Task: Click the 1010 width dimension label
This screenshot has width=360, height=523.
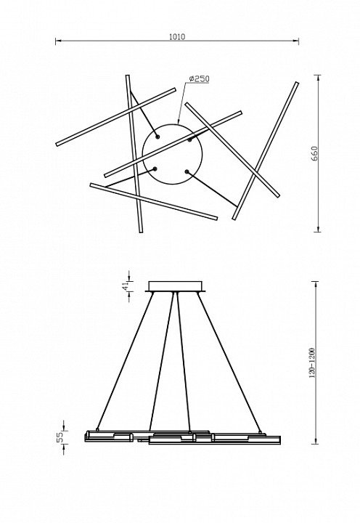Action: pyautogui.click(x=177, y=37)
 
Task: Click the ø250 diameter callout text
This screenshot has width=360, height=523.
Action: pyautogui.click(x=199, y=79)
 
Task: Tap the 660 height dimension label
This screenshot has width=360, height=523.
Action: pyautogui.click(x=315, y=153)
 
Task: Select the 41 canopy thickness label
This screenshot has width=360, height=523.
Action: pyautogui.click(x=125, y=286)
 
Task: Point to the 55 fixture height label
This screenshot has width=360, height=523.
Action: pyautogui.click(x=60, y=437)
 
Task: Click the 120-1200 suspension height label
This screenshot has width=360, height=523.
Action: pyautogui.click(x=312, y=363)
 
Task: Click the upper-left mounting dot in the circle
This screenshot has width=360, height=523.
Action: pyautogui.click(x=157, y=137)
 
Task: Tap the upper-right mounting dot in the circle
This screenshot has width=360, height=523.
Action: pyautogui.click(x=189, y=139)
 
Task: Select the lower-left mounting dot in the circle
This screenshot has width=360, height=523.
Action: pyautogui.click(x=155, y=169)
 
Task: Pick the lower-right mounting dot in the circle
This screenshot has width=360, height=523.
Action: pyautogui.click(x=187, y=171)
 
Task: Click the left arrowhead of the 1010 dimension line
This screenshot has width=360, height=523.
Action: pyautogui.click(x=58, y=41)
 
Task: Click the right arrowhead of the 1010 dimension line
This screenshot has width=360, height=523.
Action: pyautogui.click(x=295, y=41)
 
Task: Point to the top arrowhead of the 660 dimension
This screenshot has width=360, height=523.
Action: pyautogui.click(x=319, y=78)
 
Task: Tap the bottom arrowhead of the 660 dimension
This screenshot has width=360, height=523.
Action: pyautogui.click(x=319, y=229)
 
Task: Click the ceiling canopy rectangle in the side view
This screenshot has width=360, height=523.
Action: pyautogui.click(x=176, y=286)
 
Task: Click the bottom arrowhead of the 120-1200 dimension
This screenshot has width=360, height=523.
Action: pyautogui.click(x=315, y=441)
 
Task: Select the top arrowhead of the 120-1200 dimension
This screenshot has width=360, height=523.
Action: pyautogui.click(x=315, y=285)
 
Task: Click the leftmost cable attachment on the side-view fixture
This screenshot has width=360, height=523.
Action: pyautogui.click(x=97, y=429)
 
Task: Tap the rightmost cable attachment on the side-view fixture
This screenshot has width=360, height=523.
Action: pyautogui.click(x=260, y=432)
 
